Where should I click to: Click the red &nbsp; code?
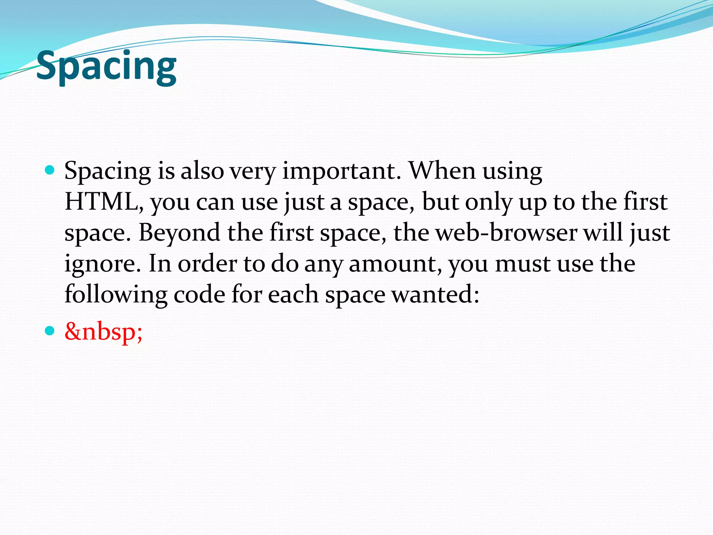coord(103,331)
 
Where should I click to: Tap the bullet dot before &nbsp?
coord(50,331)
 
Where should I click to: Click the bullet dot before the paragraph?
coord(50,170)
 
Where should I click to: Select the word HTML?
coord(103,202)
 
